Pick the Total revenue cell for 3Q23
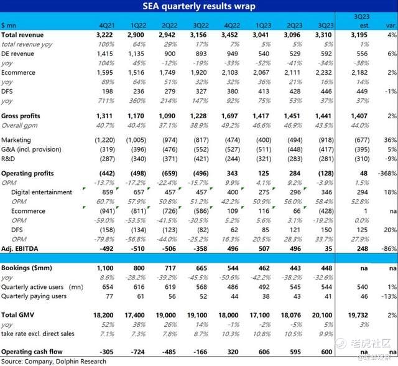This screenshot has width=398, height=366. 321,35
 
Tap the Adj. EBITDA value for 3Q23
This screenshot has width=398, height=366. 325,248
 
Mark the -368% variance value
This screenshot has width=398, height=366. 387,172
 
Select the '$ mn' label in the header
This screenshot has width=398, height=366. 9,25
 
